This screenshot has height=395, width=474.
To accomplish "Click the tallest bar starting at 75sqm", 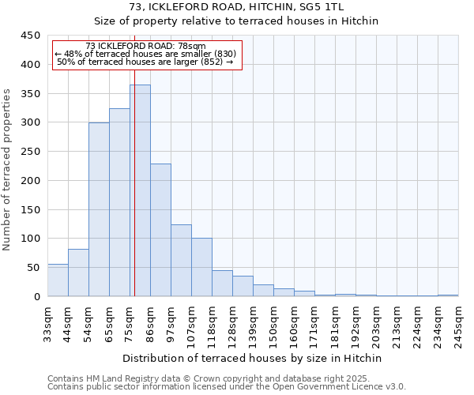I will pos(141,190).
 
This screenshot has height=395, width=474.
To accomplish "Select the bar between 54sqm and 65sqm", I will pos(99,209).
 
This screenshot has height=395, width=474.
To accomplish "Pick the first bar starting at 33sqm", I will pos(58,280).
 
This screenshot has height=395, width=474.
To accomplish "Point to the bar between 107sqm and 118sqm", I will pos(201,267).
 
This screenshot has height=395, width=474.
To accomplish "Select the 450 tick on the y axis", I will pos(30,36).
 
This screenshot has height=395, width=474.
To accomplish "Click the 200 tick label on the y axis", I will pos(30,181).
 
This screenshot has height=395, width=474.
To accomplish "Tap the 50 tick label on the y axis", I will pos(33,268).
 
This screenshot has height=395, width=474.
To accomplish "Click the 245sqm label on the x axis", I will pos(459,325).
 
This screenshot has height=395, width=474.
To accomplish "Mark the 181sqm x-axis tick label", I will pos(336,325).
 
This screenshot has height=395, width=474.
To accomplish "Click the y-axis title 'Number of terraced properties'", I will pos(7,170).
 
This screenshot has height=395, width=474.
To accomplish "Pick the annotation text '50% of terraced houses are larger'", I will pos(145,62).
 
